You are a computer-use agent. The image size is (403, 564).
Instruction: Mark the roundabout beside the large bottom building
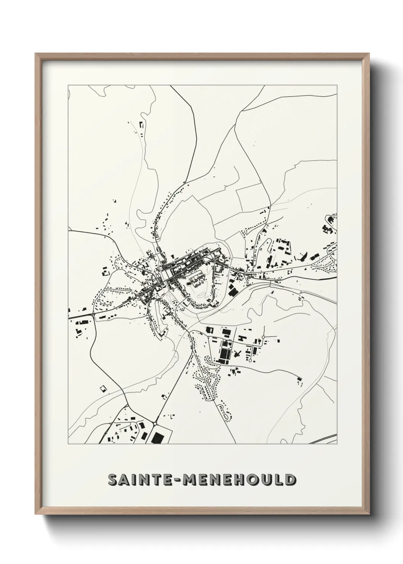point(156,423)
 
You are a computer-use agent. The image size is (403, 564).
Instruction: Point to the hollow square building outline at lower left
point(102,389)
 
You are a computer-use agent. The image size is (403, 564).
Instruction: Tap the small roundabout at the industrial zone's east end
point(264,338)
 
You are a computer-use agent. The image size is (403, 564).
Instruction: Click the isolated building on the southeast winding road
point(299,379)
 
